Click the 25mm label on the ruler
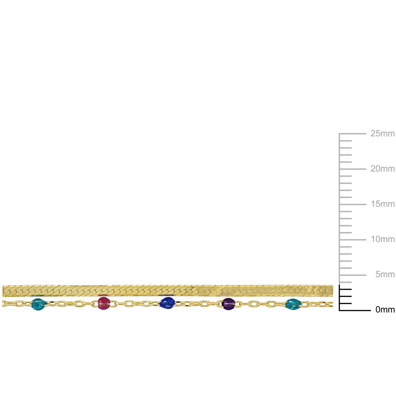(382, 134)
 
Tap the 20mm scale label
(382, 169)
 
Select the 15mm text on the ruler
(383, 204)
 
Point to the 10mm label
(383, 239)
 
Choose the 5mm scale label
(385, 274)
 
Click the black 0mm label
(385, 310)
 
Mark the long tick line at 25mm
(353, 134)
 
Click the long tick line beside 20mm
(353, 169)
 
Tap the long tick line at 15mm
(353, 204)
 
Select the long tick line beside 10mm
(353, 240)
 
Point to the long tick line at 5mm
(353, 275)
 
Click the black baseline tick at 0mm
(355, 310)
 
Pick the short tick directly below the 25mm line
(346, 141)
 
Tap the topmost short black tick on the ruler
(346, 289)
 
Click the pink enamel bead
(104, 303)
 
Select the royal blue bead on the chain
(168, 303)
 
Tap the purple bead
(228, 304)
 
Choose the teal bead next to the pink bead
(38, 304)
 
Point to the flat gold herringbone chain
(168, 291)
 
